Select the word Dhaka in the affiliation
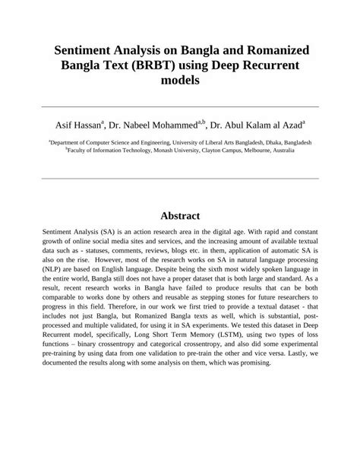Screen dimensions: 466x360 (272, 141)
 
